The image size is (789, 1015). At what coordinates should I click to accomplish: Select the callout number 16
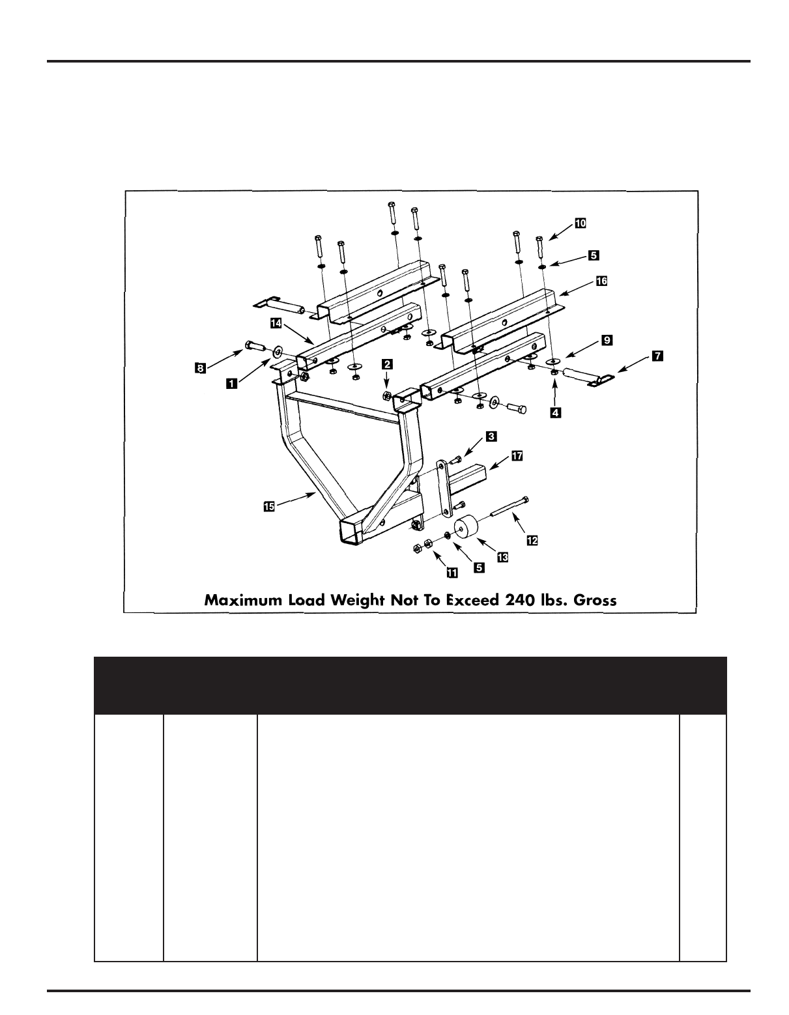[x=601, y=281]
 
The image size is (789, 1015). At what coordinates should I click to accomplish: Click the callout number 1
[x=231, y=384]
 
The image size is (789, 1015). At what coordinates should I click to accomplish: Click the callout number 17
[x=517, y=455]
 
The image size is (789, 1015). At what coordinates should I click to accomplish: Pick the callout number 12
[x=532, y=540]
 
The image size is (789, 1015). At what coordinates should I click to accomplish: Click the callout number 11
[x=450, y=573]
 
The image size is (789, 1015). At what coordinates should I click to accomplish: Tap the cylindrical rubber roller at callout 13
[x=467, y=529]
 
